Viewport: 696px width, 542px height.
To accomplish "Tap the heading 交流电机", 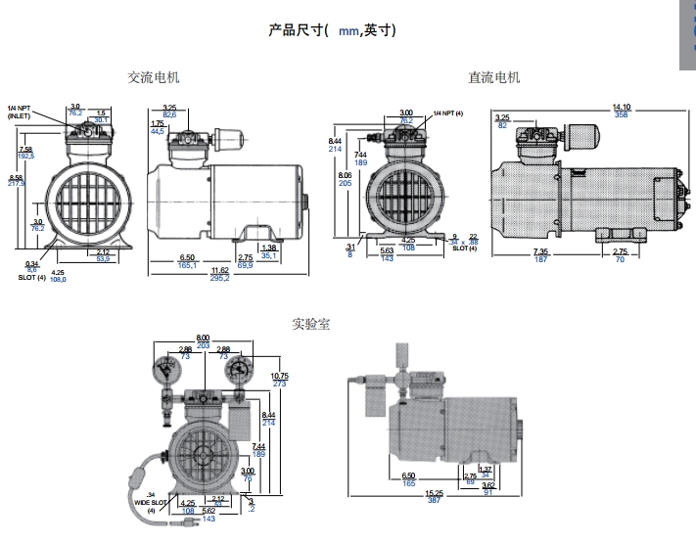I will (x=154, y=77).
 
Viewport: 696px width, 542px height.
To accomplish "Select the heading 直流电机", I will (x=493, y=77).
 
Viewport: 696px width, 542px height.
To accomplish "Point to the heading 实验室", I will (x=310, y=324).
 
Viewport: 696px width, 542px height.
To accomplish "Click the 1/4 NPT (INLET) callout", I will (x=21, y=112).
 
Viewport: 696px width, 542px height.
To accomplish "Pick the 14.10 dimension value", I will (x=621, y=107).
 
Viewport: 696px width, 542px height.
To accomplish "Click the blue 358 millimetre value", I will (x=621, y=114).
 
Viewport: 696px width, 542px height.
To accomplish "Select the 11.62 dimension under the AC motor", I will (x=220, y=270).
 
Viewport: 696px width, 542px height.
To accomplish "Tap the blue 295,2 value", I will (x=220, y=279).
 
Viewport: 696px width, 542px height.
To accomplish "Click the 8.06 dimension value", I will (x=345, y=174).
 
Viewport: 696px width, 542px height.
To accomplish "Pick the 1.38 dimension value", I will (x=271, y=248).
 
